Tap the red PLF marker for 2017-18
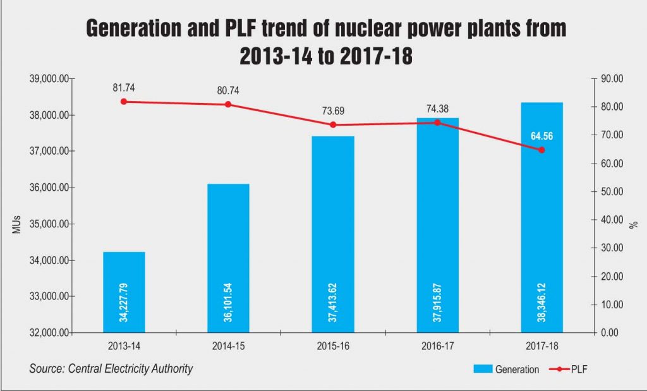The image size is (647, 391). [x=541, y=150]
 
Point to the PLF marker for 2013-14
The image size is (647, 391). [x=124, y=101]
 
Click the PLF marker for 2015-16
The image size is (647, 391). [x=333, y=124]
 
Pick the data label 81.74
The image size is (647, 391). [x=124, y=88]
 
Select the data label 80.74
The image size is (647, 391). [x=228, y=90]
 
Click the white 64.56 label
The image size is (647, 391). [x=541, y=136]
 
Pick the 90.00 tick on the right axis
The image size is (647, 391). [x=612, y=79]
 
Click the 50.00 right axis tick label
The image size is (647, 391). [x=612, y=192]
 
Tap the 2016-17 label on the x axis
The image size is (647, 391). [x=437, y=346]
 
